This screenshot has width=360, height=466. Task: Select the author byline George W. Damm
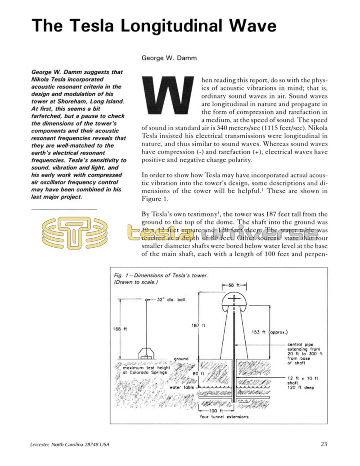(x=168, y=58)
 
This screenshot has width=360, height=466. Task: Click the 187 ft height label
(x=198, y=325)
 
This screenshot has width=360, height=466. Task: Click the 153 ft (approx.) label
(x=269, y=332)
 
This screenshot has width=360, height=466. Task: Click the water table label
(x=181, y=387)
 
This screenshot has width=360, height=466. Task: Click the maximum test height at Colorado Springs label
(x=144, y=370)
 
